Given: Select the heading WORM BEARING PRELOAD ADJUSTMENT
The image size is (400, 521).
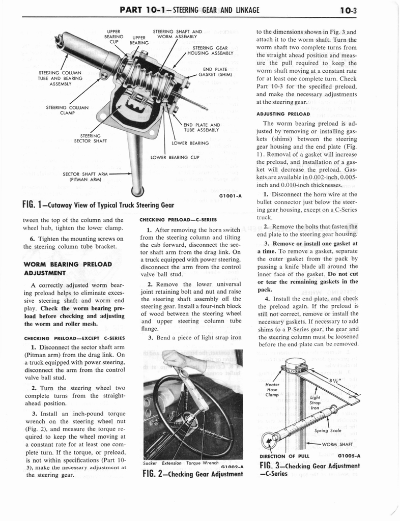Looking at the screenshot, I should pos(67,268).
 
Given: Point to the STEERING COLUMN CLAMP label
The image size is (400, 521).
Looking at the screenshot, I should pos(67,110).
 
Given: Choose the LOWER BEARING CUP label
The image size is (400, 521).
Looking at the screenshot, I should pos(175,157).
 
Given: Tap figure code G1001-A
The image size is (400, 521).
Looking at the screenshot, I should pos(230,195).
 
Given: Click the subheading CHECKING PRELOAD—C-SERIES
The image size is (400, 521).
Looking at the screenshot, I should pos(178,220).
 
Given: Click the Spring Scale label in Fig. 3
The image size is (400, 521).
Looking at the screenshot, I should pos(328,430).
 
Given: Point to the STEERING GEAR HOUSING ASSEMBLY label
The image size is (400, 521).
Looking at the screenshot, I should pos(210,50).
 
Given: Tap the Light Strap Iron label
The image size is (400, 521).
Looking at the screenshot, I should pos(315,402).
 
